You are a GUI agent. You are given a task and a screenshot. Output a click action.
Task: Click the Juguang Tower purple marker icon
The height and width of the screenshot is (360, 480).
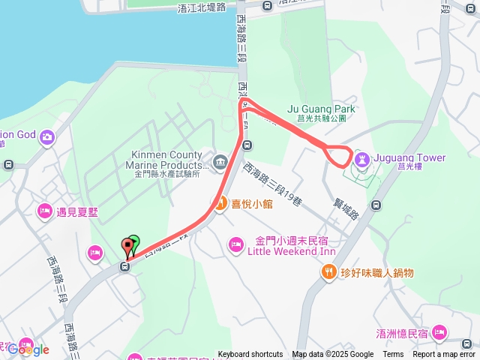[x=362, y=158]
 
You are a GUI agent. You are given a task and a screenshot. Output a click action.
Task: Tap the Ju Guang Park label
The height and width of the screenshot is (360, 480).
[x=321, y=109]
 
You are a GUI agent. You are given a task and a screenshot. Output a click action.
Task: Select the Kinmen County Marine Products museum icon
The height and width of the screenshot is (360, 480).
[x=220, y=162]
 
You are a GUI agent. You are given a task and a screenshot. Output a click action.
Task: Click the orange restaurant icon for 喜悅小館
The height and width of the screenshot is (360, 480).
[x=220, y=203]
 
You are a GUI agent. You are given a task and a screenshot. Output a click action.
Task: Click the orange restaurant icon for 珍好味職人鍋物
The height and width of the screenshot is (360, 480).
[x=328, y=272]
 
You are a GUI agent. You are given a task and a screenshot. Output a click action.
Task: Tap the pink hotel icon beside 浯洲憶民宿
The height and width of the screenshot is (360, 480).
[x=439, y=332]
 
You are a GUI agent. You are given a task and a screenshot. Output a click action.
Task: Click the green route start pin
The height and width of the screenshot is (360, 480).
[x=133, y=243]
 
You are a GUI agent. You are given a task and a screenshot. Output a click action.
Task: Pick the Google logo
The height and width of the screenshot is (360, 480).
[x=28, y=349]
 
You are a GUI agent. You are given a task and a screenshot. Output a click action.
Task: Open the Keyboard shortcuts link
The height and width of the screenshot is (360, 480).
[x=250, y=355]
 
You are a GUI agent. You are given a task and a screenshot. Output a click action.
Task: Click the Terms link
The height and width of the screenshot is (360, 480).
[x=393, y=355]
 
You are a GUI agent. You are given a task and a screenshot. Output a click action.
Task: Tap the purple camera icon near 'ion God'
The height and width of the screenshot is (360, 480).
[x=47, y=136]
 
